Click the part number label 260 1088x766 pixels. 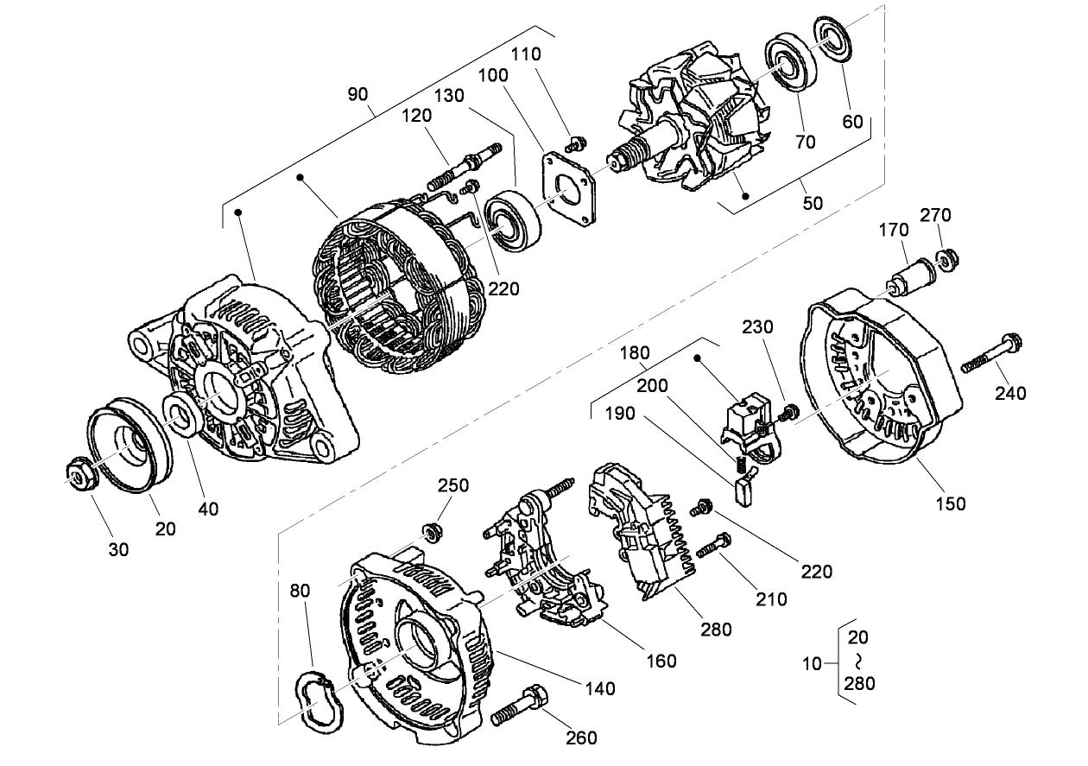click(581, 738)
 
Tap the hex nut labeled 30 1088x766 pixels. click(80, 474)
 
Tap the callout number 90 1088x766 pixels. click(357, 94)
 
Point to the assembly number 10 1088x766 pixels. click(813, 664)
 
